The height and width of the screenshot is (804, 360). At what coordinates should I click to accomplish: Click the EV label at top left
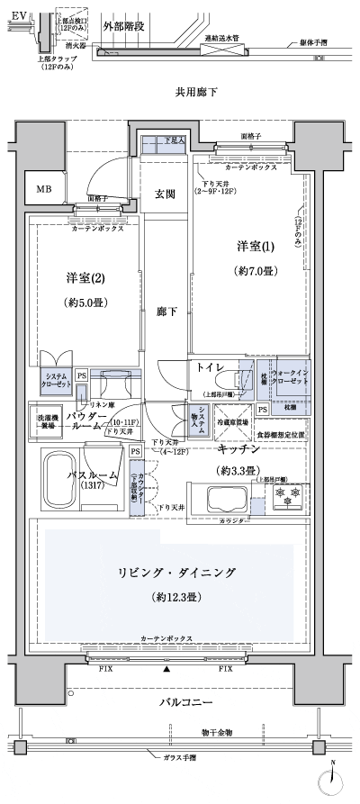(x=19, y=14)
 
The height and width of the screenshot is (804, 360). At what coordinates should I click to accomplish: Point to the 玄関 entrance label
(x=165, y=194)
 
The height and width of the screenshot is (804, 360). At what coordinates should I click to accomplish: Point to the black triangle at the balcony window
(x=166, y=671)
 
